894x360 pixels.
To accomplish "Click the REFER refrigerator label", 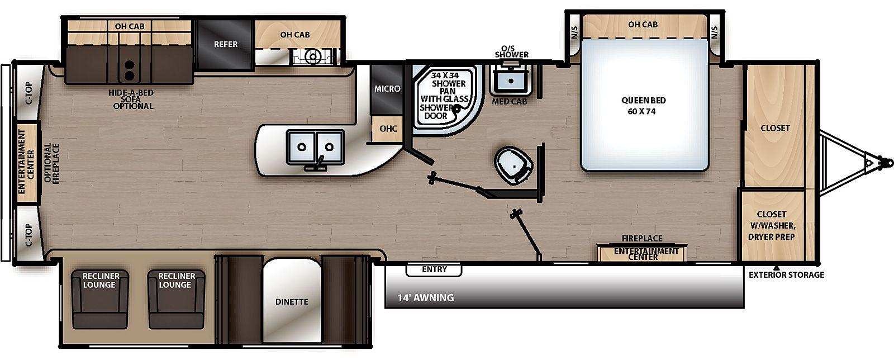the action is (226, 44).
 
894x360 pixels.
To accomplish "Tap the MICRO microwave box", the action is (387, 89).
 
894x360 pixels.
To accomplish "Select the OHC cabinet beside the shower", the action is (387, 129).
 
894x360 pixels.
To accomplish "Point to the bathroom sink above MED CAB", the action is (511, 81).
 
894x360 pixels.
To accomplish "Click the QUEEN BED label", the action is (643, 106).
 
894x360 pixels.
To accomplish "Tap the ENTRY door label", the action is (434, 269).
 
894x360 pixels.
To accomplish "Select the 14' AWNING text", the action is (425, 298).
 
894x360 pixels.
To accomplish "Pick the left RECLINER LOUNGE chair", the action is (100, 299).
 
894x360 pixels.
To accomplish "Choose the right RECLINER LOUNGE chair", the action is (176, 299).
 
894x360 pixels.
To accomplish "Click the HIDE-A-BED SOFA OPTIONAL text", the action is (131, 99).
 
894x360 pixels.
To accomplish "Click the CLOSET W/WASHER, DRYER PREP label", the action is (772, 225).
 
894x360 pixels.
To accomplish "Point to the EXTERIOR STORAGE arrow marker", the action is (776, 268).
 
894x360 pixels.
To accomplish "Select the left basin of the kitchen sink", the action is (302, 147).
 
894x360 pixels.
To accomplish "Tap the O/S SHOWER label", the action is (512, 51).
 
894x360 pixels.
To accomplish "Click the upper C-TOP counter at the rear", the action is (28, 92).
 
